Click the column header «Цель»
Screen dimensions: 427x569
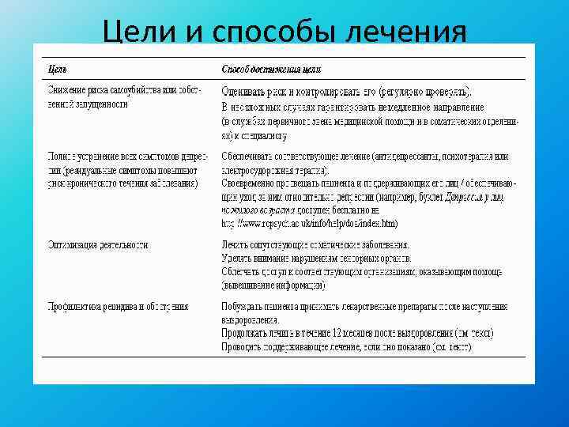click(56, 70)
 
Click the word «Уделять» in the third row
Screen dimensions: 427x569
click(239, 258)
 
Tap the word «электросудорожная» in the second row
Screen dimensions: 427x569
click(265, 170)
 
